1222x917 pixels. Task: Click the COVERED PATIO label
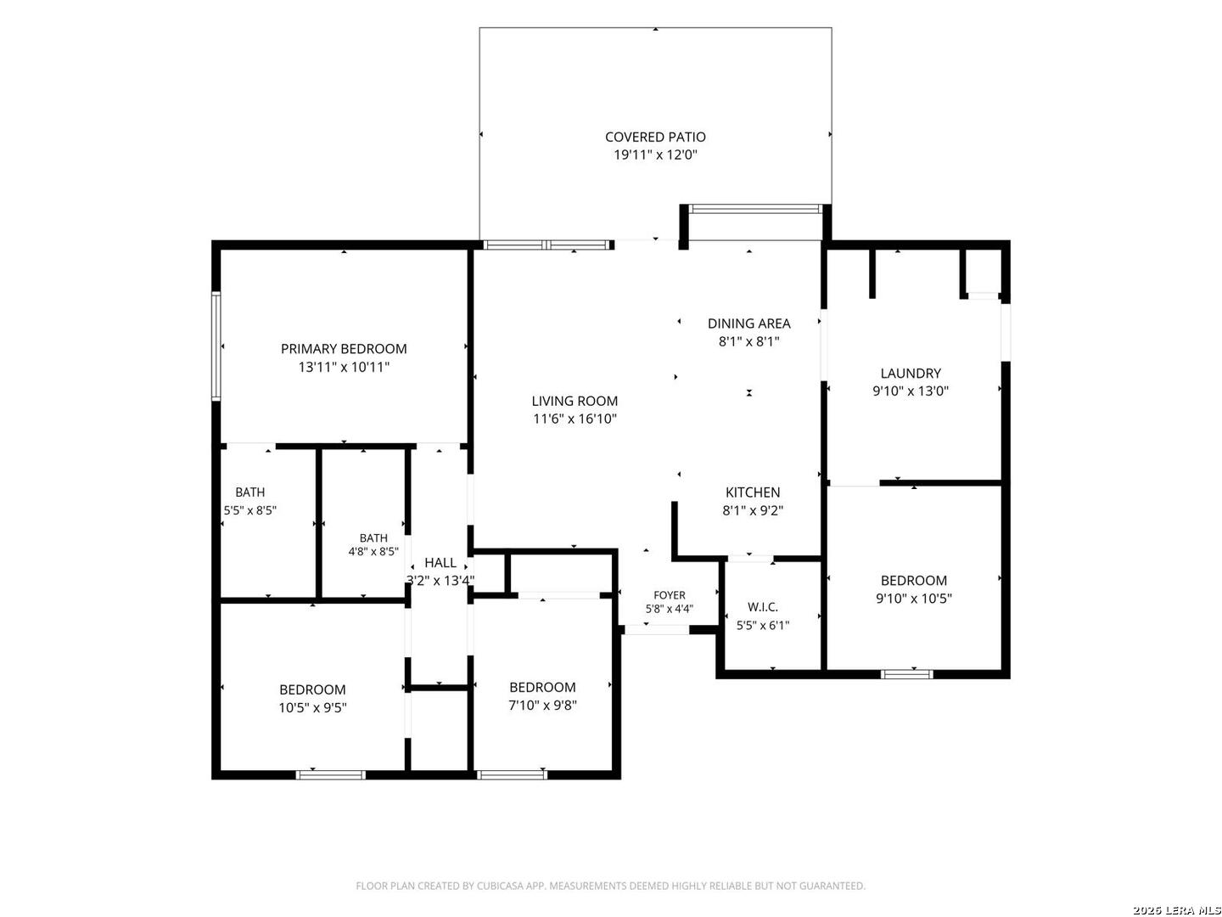[654, 137]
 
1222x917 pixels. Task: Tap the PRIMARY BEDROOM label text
[344, 349]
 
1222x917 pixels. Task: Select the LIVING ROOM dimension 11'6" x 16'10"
[575, 419]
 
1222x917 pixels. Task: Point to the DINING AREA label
[748, 323]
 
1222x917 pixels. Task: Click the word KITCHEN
[753, 492]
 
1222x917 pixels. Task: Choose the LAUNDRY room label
[911, 373]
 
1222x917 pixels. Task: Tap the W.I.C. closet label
[763, 607]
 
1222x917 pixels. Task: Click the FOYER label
[670, 595]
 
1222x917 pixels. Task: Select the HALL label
[440, 562]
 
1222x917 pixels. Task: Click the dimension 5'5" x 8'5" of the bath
[250, 510]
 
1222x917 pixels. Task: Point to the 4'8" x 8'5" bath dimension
[373, 552]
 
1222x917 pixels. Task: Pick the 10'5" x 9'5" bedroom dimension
[313, 707]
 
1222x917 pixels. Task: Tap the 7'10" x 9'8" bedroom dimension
[542, 706]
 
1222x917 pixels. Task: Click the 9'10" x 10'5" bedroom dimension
[914, 599]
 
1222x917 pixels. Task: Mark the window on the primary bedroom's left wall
[216, 346]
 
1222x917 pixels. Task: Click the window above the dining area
[755, 209]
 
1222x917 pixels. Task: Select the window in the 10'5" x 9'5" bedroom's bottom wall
[331, 774]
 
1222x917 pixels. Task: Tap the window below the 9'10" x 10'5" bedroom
[907, 674]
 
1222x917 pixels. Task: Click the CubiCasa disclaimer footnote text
[610, 886]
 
